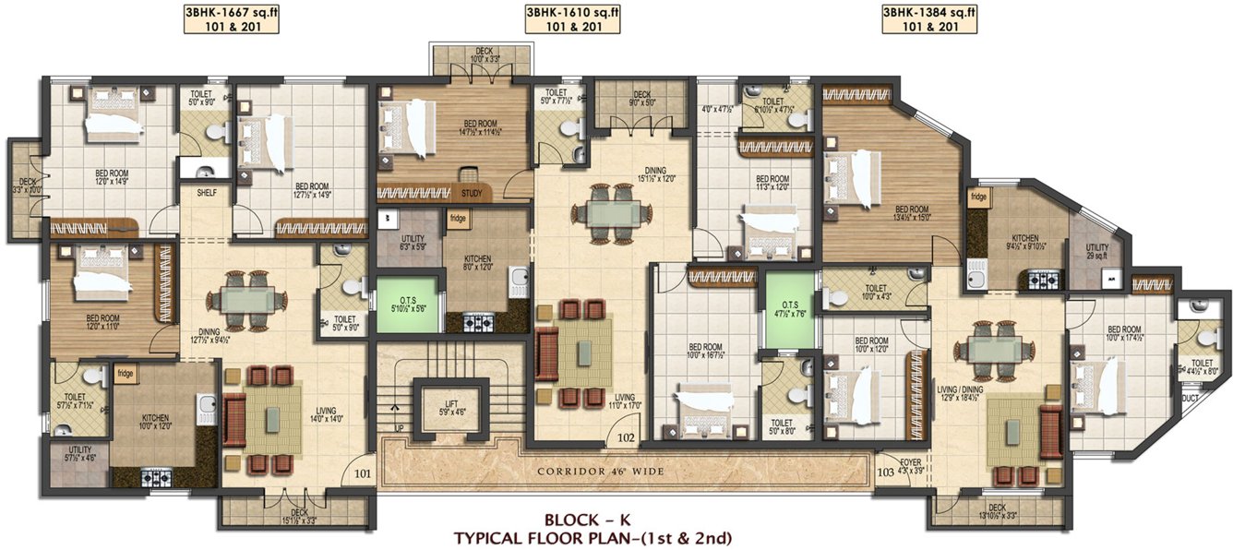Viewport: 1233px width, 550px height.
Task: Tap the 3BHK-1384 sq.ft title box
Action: pyautogui.click(x=928, y=18)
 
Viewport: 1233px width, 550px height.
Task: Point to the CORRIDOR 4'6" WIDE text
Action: pyautogui.click(x=601, y=472)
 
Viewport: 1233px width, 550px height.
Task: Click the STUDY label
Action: pyautogui.click(x=471, y=194)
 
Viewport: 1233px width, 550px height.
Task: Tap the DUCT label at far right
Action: pyautogui.click(x=1191, y=399)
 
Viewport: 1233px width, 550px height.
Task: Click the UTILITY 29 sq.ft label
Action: pyautogui.click(x=1096, y=252)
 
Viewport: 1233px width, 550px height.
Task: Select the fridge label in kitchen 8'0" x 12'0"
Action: pyautogui.click(x=458, y=219)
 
